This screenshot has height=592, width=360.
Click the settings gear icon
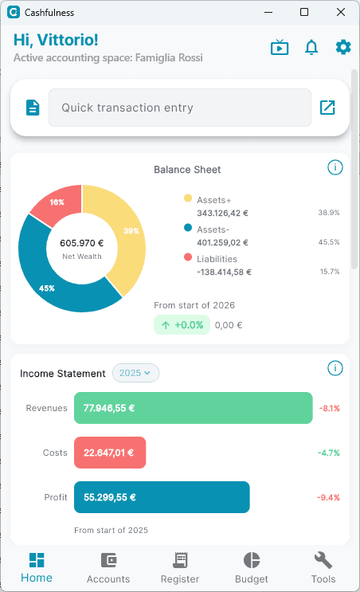(x=343, y=47)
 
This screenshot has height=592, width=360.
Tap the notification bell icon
(x=311, y=48)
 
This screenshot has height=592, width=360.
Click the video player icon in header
(x=280, y=48)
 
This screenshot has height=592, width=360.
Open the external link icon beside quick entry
(x=327, y=108)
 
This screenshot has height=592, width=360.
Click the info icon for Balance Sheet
(x=335, y=167)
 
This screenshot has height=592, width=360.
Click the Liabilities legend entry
(x=217, y=259)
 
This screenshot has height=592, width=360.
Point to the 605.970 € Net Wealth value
(x=82, y=243)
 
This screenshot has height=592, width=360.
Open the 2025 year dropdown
(x=136, y=373)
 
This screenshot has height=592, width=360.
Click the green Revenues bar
(x=193, y=408)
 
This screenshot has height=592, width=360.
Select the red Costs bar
(x=110, y=453)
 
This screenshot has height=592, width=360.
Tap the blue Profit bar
(x=162, y=497)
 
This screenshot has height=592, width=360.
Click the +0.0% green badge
(x=182, y=325)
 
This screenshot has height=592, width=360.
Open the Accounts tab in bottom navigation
(x=108, y=567)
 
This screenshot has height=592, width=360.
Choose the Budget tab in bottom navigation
(x=252, y=567)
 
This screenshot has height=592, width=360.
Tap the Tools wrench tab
(x=323, y=567)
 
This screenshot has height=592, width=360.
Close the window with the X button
(x=341, y=12)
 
